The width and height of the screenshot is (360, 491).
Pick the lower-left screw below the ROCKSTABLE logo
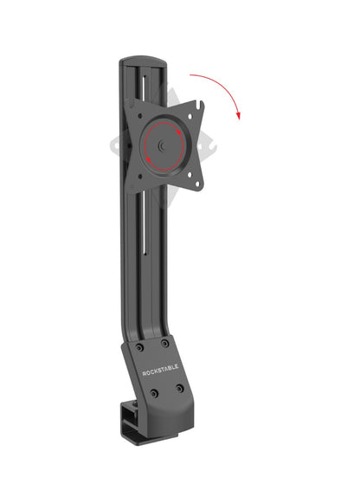(x=153, y=393)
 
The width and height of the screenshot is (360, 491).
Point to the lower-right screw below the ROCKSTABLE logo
(x=180, y=389)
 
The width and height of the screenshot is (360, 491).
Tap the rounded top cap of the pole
(x=144, y=60)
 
